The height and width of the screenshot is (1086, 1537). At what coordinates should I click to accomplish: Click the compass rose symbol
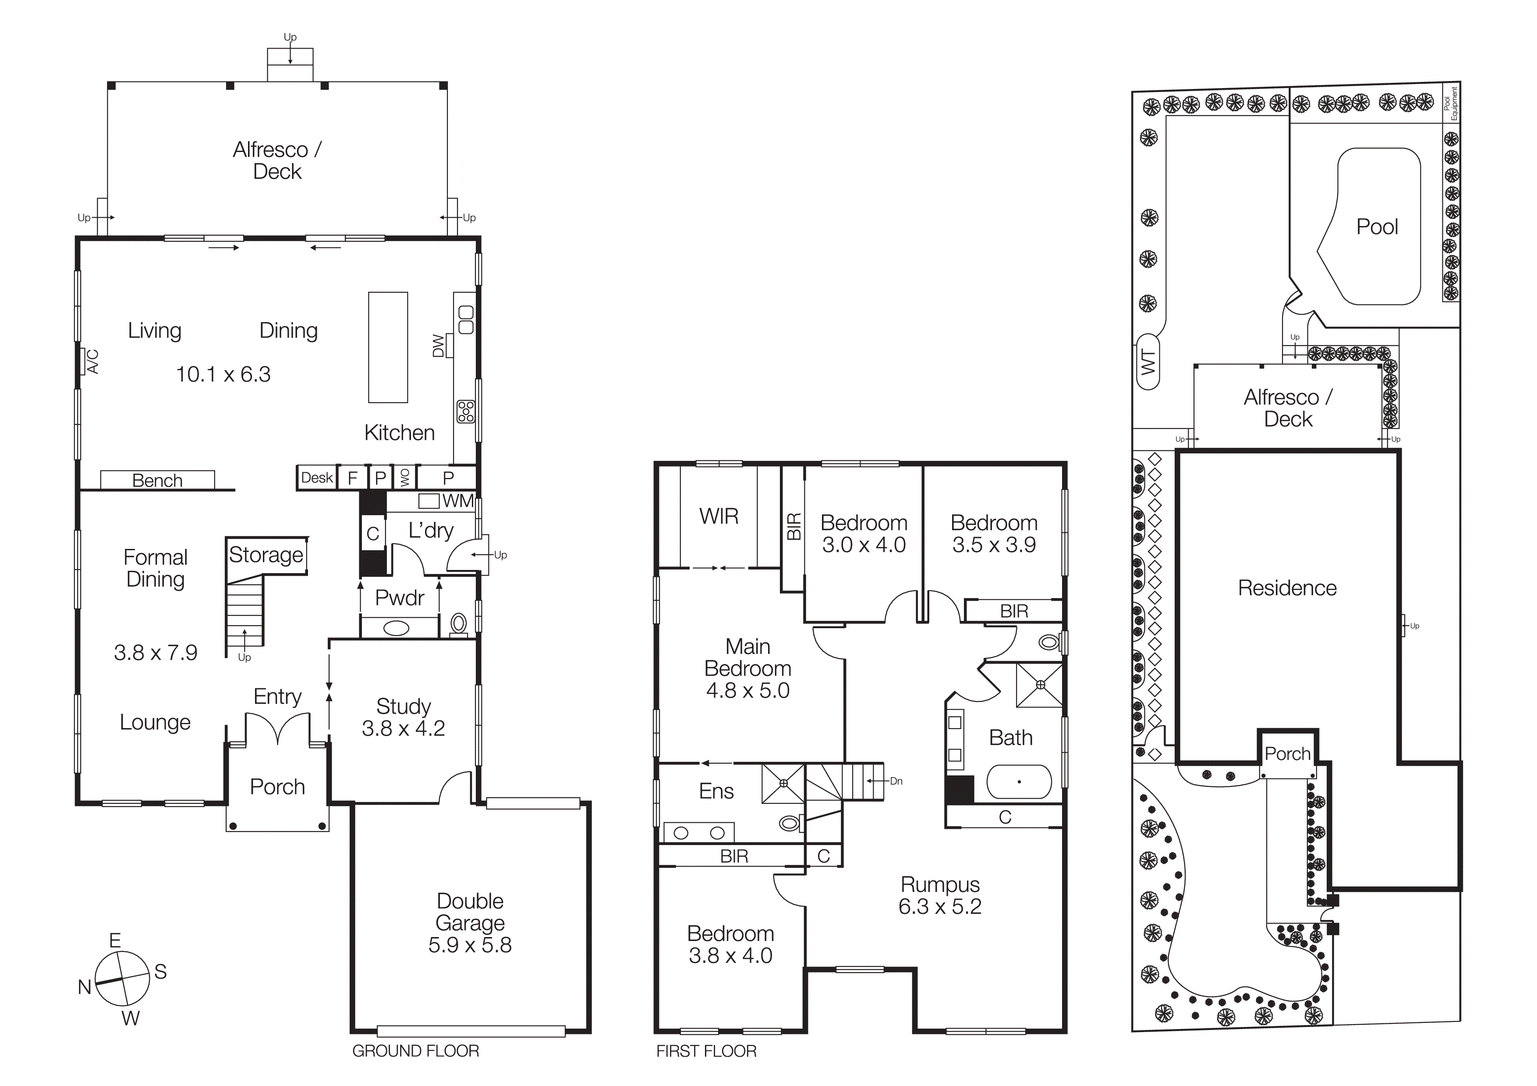point(122,978)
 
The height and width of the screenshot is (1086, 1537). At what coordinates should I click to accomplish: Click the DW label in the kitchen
point(439,345)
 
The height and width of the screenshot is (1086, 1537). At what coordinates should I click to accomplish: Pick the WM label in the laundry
point(458,501)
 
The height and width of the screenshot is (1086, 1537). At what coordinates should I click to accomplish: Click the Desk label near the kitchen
point(317,478)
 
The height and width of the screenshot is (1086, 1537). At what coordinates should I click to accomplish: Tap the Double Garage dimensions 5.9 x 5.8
point(470,945)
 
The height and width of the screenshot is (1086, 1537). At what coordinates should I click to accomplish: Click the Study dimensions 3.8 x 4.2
point(403,728)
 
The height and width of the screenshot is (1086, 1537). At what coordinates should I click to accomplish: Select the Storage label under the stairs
point(266,555)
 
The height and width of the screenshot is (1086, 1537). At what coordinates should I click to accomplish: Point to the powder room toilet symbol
point(459,624)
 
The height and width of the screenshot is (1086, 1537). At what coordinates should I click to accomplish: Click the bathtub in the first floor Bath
point(1019,782)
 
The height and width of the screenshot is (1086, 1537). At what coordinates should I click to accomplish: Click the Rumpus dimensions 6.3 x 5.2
point(939,907)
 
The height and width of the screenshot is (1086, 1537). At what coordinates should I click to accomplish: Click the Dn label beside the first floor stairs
point(896,781)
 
